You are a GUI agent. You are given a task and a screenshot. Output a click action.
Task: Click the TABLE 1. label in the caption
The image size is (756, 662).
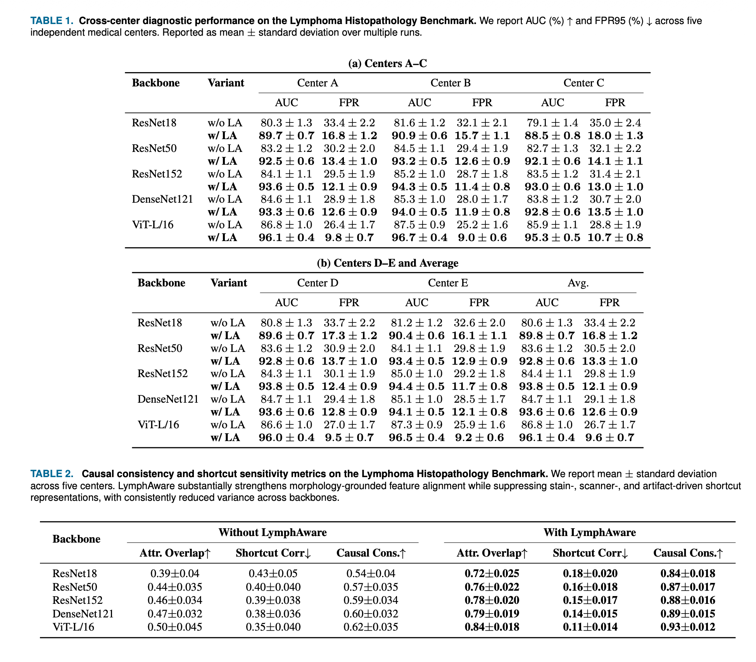(52, 21)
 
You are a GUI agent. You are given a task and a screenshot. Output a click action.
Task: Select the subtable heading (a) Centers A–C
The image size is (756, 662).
(387, 63)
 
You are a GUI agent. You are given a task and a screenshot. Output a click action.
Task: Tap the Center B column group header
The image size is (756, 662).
(450, 83)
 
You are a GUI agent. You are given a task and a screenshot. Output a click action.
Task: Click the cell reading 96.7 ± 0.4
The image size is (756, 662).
(419, 238)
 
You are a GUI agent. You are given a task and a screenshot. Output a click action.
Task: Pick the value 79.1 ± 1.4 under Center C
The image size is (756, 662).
(552, 123)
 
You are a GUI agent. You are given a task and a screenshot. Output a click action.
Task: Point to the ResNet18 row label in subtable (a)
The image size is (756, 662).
(154, 123)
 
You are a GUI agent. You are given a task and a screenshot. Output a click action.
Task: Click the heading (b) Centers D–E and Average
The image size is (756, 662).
(387, 263)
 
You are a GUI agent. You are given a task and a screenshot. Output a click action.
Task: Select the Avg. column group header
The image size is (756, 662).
(578, 283)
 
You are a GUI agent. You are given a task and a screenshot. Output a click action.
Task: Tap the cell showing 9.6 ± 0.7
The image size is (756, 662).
(610, 438)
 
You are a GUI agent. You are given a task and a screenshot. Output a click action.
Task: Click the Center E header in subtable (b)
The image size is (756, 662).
(448, 283)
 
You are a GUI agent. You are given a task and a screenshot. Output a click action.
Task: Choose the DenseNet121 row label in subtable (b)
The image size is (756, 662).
(168, 399)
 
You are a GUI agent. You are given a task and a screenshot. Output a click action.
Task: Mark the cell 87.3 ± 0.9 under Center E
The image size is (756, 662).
(416, 425)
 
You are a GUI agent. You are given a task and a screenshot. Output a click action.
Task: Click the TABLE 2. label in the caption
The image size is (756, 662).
(52, 474)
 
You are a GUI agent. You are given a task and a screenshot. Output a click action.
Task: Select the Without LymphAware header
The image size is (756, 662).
(273, 533)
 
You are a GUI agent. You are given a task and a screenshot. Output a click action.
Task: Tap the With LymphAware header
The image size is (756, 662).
(589, 533)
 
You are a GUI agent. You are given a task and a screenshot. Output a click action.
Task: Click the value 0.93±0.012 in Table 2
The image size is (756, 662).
(688, 627)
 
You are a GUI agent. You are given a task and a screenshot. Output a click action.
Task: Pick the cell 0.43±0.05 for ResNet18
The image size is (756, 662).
(273, 573)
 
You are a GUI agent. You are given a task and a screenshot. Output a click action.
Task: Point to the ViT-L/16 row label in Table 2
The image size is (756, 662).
(73, 627)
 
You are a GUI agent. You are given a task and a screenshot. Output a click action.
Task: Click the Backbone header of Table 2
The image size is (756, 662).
(76, 539)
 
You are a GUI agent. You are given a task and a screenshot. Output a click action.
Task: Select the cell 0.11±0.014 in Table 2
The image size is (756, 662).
(590, 627)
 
